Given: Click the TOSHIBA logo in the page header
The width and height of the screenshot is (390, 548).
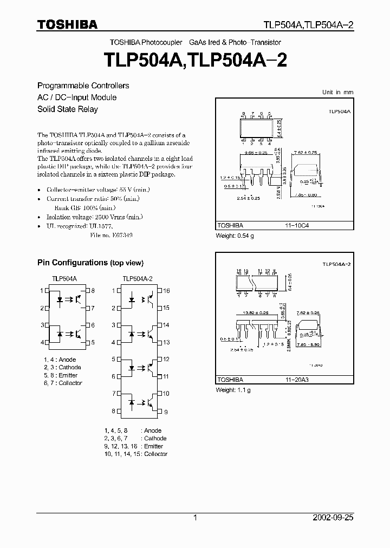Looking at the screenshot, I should point(67,24).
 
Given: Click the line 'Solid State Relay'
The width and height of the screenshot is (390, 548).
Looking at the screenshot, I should point(67,109).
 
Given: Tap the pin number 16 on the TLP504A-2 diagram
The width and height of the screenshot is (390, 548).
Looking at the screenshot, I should point(166,291).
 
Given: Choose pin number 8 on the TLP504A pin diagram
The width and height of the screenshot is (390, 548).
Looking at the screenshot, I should point(93,291).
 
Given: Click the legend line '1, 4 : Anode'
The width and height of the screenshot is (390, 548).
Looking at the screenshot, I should point(60,360).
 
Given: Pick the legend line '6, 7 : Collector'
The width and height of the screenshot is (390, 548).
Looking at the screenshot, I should point(63,383).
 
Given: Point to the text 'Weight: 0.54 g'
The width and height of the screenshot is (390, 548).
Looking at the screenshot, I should point(235,235).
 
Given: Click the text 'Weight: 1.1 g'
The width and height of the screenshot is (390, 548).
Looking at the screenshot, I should point(233,390).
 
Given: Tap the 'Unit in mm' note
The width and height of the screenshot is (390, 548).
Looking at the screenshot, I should point(337,92).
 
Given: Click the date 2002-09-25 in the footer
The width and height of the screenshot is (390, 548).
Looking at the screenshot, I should point(333,518).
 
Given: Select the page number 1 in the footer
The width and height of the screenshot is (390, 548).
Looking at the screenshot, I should point(195,518).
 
